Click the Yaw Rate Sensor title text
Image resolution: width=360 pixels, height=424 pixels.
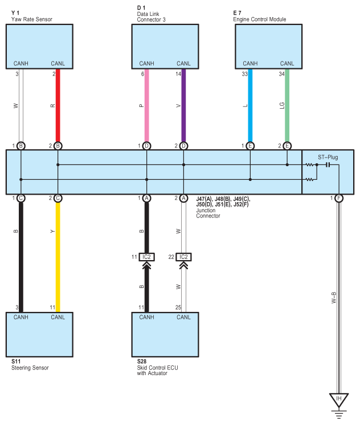coord(32,19)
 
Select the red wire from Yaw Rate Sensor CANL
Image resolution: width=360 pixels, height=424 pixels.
coord(58,105)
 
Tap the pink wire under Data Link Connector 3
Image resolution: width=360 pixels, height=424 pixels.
coord(147,105)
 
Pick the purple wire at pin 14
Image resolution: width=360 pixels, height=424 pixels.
coord(183,105)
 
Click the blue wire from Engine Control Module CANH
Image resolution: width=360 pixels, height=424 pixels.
coord(250,105)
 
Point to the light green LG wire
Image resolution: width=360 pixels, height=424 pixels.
coord(287,105)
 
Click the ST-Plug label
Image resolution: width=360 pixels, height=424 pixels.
coord(328,157)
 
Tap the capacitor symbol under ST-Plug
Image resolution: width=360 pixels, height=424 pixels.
coord(328,164)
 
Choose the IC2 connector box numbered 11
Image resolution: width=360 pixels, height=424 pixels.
coord(147,257)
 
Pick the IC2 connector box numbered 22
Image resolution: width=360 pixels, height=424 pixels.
coord(183,257)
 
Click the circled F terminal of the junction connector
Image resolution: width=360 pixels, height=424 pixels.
coord(339,198)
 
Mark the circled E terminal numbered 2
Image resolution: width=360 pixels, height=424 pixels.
coord(287,146)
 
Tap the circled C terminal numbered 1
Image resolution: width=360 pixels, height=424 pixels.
coord(21,198)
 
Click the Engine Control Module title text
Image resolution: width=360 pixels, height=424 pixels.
coord(260,19)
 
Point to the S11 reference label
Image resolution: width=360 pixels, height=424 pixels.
coord(16,361)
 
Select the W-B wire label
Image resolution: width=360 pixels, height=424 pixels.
coord(334,298)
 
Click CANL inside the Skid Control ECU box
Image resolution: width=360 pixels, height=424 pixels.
coord(183,317)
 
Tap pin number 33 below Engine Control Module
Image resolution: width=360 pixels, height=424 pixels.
coord(245,74)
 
